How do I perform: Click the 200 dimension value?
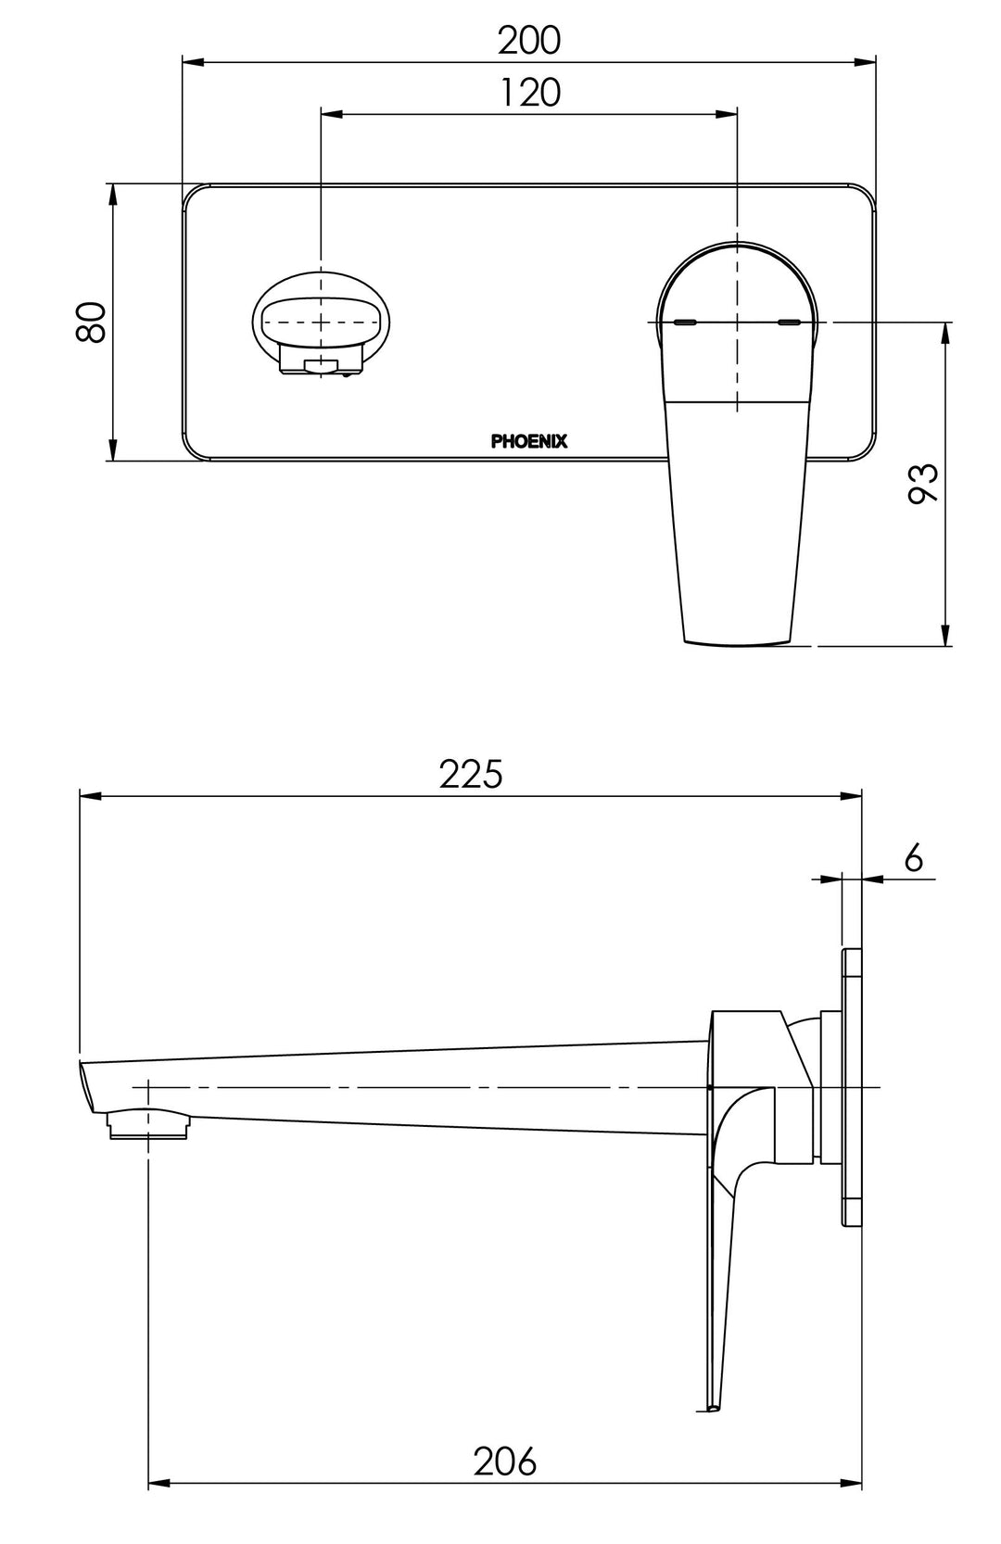coord(529,40)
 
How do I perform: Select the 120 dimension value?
coord(530,93)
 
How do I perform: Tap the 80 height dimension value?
coord(92,322)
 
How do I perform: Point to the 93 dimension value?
coord(923,483)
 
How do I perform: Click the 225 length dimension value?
coord(471,774)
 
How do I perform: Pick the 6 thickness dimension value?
coord(913,858)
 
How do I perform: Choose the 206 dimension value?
coord(505,1462)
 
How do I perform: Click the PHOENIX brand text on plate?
coord(529,441)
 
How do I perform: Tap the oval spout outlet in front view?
coord(321,323)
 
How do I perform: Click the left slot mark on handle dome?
coord(686,323)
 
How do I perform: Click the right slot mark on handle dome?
coord(790,323)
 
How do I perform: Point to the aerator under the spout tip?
coord(149,1125)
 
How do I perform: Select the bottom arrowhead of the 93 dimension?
coord(945,639)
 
